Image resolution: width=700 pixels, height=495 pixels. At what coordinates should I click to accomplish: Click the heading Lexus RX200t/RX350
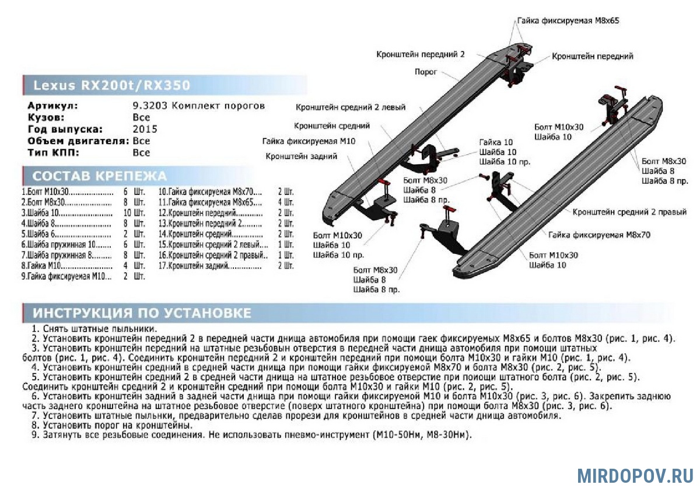[x=111, y=86]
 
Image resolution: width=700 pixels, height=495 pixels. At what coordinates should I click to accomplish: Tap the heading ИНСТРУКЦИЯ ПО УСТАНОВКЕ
[x=142, y=313]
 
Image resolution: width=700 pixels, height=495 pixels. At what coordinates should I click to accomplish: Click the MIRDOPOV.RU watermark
[x=635, y=475]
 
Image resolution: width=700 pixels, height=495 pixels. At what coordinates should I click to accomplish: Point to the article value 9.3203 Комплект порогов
[x=198, y=106]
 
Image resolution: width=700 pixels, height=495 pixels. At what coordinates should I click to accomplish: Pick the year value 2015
[x=145, y=129]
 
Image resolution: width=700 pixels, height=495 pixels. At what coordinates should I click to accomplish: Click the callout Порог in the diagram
[x=426, y=71]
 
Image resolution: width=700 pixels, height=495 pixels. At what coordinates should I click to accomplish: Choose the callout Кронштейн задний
[x=302, y=156]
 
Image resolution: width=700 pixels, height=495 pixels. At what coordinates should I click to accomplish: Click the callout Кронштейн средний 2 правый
[x=629, y=212]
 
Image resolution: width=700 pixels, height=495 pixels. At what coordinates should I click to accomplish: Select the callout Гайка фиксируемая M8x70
[x=599, y=235]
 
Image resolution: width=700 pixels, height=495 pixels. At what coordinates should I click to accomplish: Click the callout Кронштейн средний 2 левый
[x=350, y=107]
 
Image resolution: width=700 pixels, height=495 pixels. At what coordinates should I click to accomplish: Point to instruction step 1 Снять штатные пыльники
[x=94, y=329]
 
